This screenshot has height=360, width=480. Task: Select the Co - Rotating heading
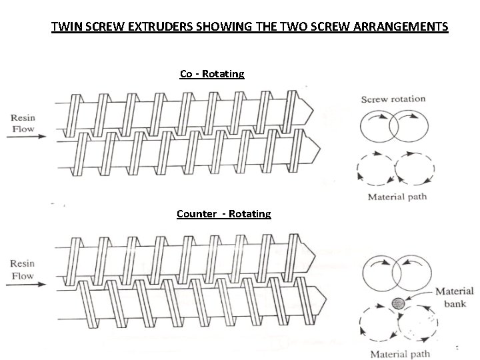pos(212,73)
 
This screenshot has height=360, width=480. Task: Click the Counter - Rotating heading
pos(224,214)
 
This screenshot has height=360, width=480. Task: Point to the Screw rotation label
pos(393,99)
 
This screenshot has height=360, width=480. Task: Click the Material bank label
pos(454,297)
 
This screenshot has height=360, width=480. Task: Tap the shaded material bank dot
pos(399,303)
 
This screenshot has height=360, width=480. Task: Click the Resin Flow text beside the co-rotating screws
pos(23,123)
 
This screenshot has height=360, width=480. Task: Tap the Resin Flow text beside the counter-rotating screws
pos(23,269)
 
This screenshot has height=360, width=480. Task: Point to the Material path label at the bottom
pos(400,353)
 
